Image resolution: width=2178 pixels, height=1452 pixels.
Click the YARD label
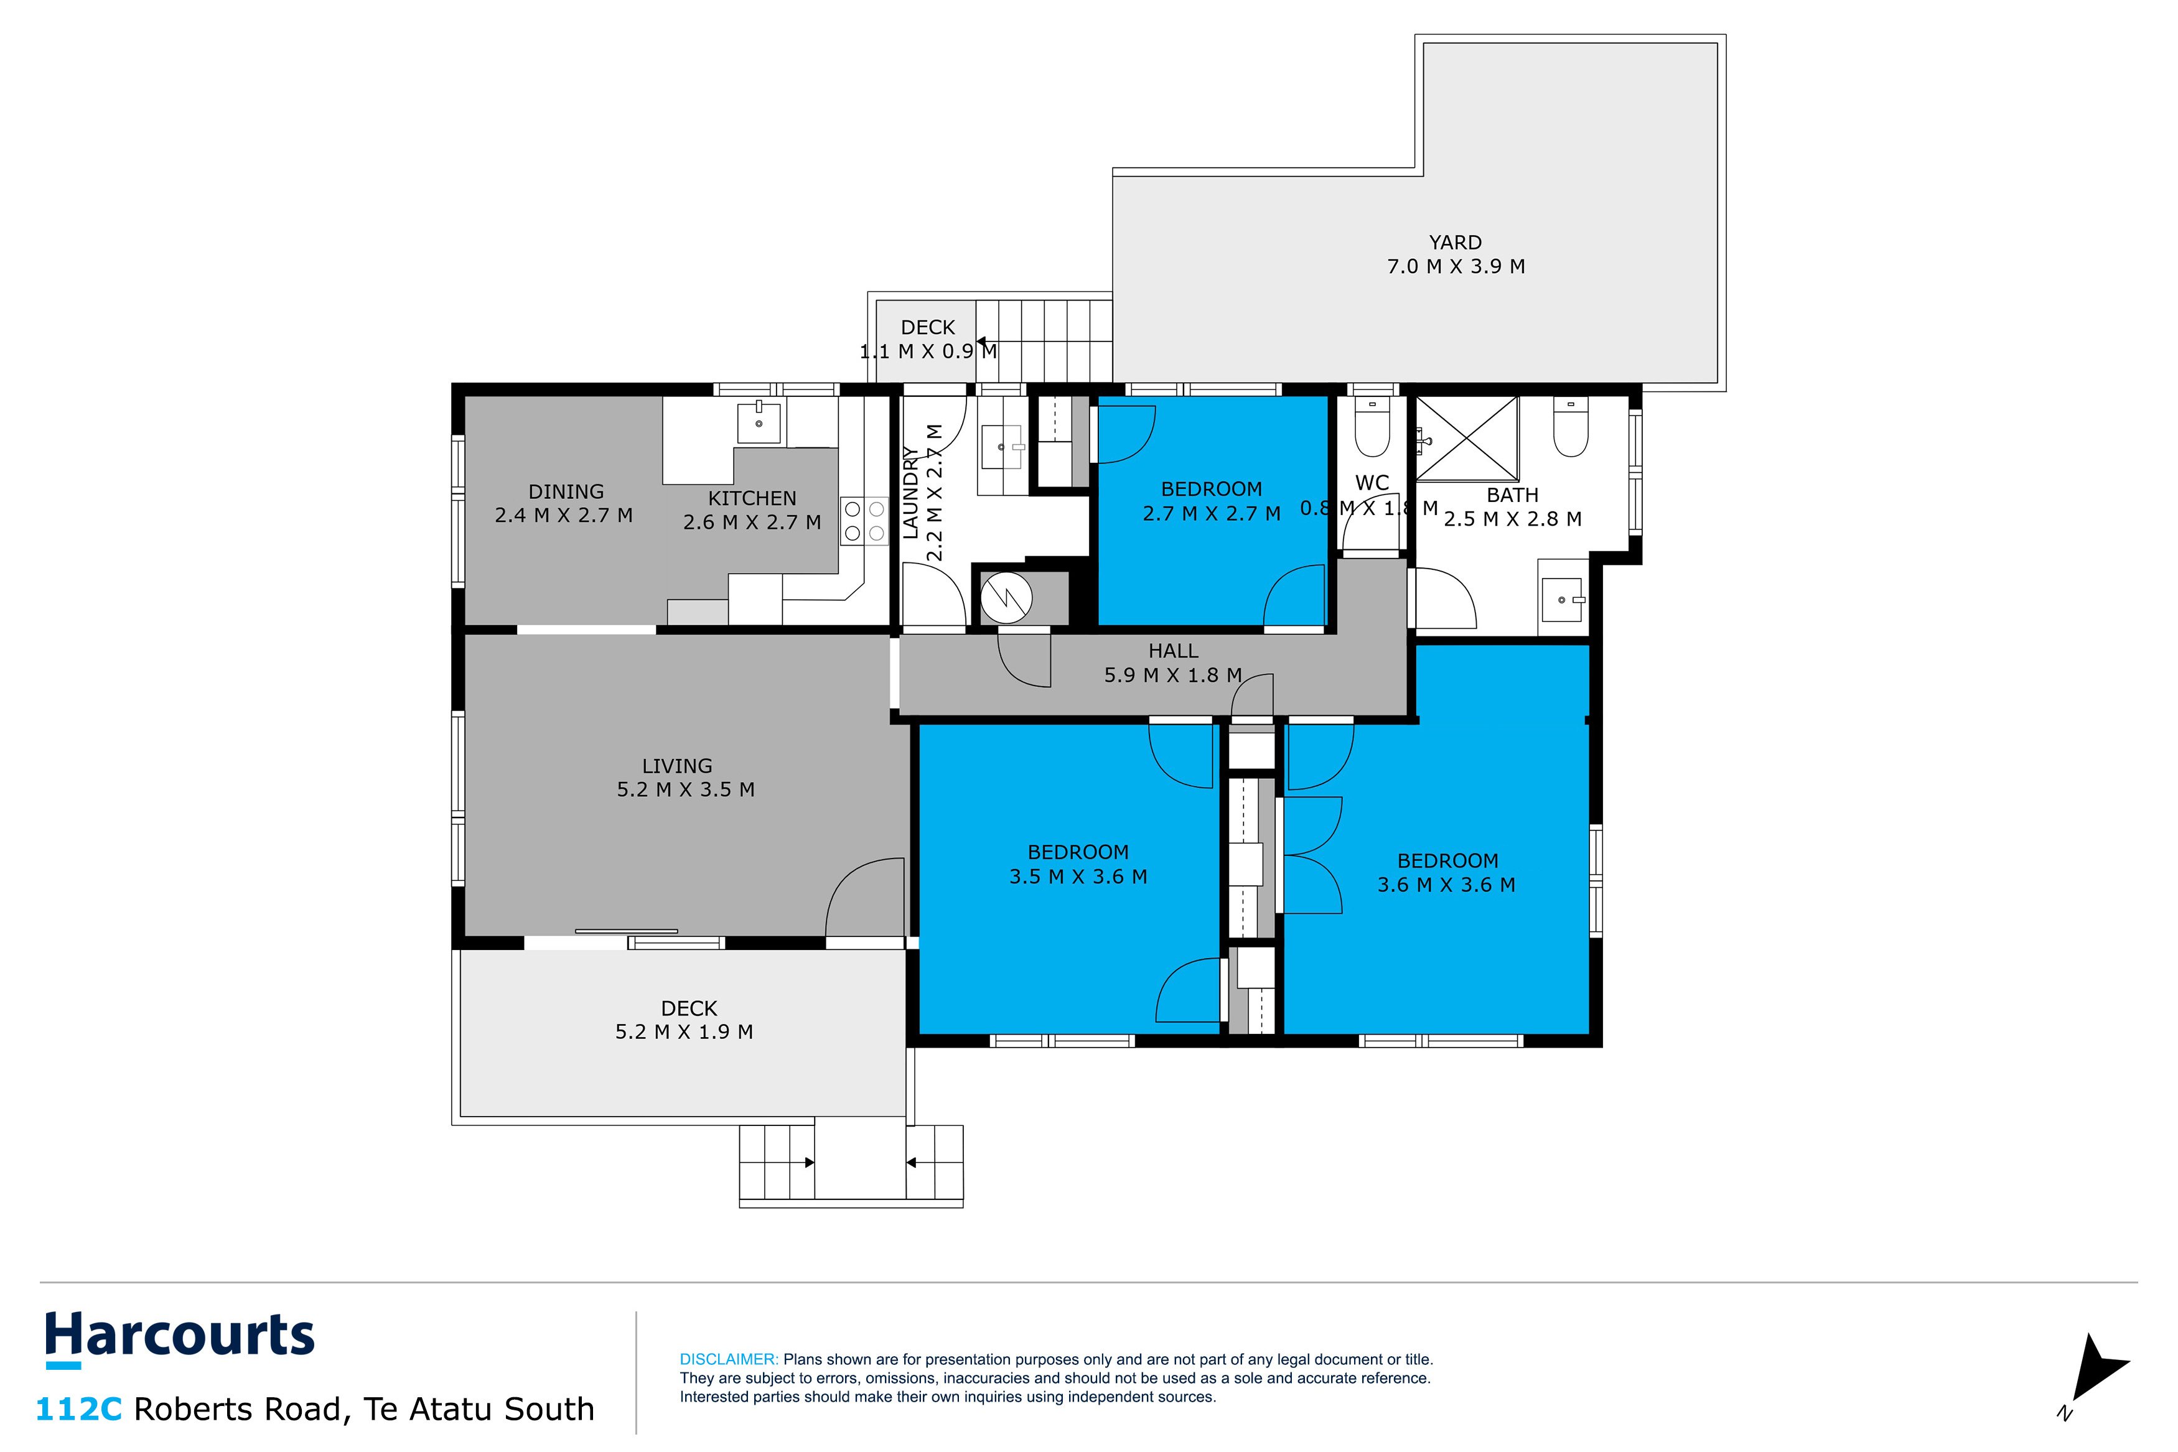tap(1455, 243)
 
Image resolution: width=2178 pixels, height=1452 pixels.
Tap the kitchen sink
tap(759, 422)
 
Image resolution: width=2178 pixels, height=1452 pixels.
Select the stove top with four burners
tap(864, 521)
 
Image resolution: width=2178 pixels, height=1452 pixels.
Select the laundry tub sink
tap(1001, 448)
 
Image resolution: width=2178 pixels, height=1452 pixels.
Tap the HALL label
tap(1173, 651)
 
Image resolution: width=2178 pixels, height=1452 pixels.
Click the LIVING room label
tap(677, 766)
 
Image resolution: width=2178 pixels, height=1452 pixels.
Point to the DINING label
tap(566, 491)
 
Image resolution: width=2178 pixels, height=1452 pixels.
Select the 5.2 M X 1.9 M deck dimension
tap(685, 1031)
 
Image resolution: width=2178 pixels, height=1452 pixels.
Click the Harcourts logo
tap(180, 1339)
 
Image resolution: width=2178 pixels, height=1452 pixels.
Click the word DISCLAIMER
tap(729, 1359)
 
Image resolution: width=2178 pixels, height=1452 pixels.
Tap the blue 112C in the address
tap(78, 1408)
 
